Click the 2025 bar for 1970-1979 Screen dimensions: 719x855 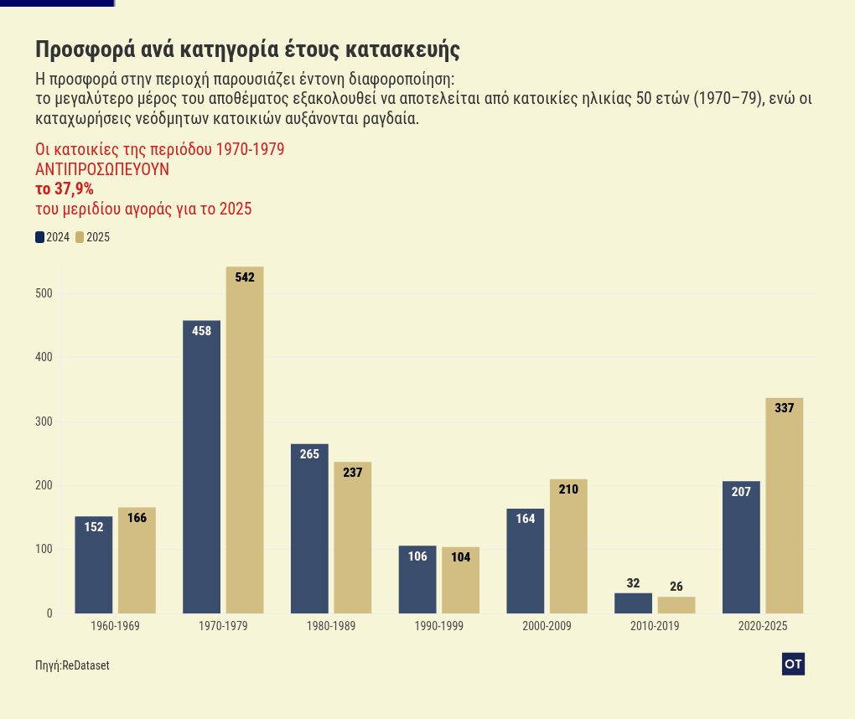coord(245,440)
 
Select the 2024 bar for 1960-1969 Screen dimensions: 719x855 coord(94,565)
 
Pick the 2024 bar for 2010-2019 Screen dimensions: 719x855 coord(633,603)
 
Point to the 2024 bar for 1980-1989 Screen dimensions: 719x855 coord(309,529)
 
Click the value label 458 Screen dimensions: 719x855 coord(201,331)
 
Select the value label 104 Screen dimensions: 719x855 coord(460,557)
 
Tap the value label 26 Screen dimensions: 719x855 coord(676,587)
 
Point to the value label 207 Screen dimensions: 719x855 coord(741,492)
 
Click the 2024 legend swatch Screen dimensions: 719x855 coord(40,237)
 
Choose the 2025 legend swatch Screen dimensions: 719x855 coord(80,237)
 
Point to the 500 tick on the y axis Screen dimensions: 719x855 coord(44,293)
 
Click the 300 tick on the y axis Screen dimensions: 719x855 coord(44,422)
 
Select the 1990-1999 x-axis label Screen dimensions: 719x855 coord(438,627)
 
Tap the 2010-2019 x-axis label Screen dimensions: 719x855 coord(655,627)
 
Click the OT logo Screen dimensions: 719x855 coord(793,664)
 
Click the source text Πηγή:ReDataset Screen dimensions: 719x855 coord(72,665)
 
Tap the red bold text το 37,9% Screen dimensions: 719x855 coord(65,189)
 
